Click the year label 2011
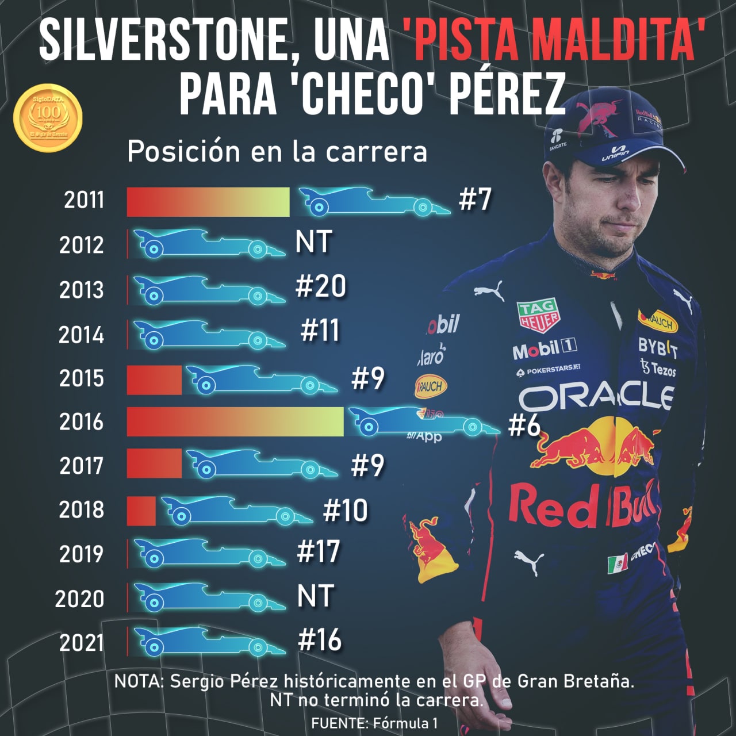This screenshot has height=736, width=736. click(x=84, y=200)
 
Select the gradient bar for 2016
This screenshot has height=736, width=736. click(x=235, y=421)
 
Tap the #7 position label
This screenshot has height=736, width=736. click(x=475, y=200)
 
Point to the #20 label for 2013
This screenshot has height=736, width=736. click(x=321, y=286)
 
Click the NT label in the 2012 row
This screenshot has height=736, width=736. click(x=313, y=242)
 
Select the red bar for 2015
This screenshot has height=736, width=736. click(x=154, y=379)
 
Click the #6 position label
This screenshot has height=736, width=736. click(x=524, y=426)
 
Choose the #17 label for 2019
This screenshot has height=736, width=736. click(x=319, y=551)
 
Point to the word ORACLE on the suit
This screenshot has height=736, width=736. click(x=596, y=397)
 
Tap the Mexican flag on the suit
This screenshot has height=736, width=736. click(x=618, y=563)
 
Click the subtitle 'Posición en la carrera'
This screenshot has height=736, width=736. click(x=277, y=152)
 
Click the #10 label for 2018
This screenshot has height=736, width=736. click(x=345, y=510)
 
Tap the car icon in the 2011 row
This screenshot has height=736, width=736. click(x=374, y=201)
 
